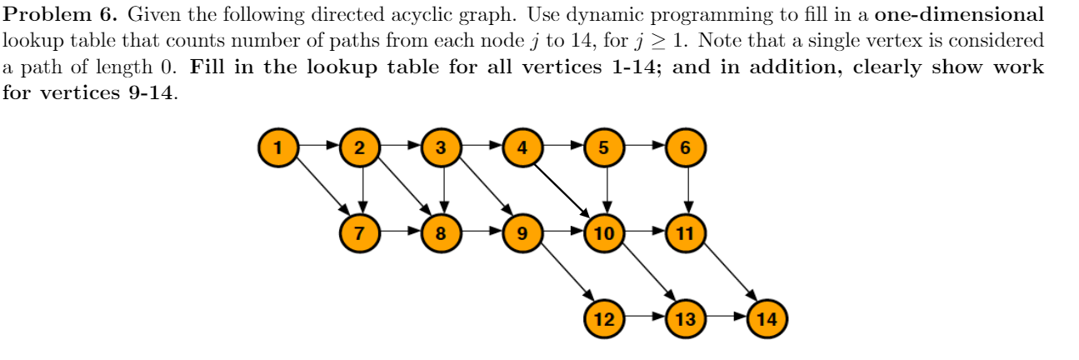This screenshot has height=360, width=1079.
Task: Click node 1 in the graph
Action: pos(278,148)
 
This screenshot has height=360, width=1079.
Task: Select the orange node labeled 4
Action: pos(522,148)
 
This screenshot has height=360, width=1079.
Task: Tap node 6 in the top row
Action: pos(686,148)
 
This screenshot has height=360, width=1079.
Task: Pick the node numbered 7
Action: pos(359,232)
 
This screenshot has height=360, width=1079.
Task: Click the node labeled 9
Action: pos(522,232)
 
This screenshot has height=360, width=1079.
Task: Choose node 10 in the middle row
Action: pos(604,232)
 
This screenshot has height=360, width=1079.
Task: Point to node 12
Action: pos(604,317)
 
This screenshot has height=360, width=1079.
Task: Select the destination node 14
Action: pos(767,317)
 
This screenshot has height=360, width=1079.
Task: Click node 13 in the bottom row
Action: pos(686,317)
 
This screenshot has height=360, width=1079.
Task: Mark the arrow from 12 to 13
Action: pos(645,317)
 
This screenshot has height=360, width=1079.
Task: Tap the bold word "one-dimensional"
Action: pos(959,15)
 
